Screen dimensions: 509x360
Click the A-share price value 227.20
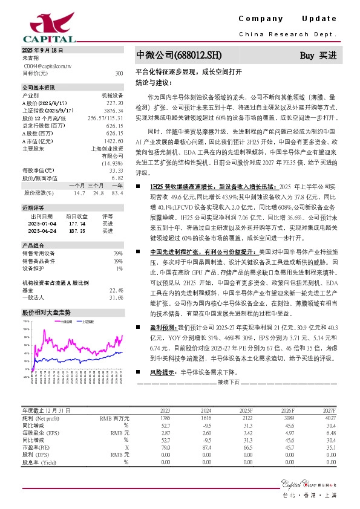point(114,103)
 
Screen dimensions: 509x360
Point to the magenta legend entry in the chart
point(62,322)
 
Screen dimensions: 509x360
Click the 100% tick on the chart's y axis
point(27,329)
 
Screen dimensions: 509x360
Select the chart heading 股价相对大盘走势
point(47,313)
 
